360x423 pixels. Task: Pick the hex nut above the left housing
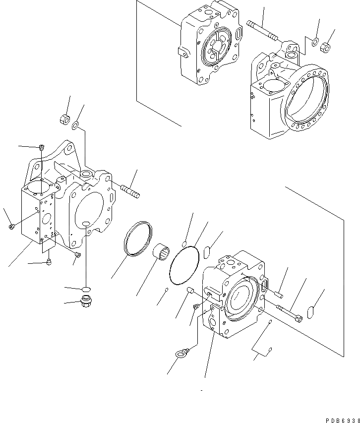(x=63, y=119)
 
